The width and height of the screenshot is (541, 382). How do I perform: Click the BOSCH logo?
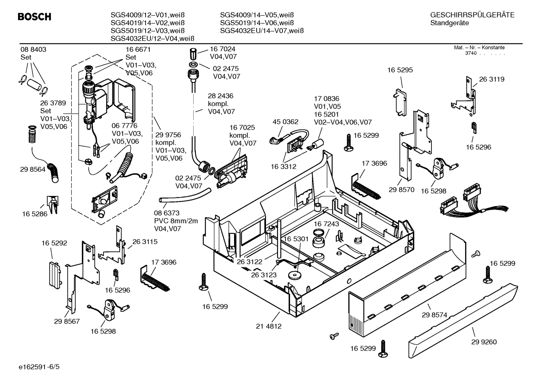click(x=34, y=17)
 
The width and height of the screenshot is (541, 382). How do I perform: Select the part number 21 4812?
click(x=269, y=326)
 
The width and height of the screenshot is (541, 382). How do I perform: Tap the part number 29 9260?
click(x=484, y=342)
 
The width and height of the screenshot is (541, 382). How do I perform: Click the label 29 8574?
click(x=434, y=315)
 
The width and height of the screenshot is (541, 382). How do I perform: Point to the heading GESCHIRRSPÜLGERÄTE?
click(x=472, y=15)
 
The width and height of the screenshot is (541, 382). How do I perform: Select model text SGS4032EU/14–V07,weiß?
click(x=261, y=31)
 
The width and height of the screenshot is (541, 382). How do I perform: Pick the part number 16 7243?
click(x=326, y=224)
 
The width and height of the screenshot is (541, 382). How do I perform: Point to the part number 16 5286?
click(x=35, y=214)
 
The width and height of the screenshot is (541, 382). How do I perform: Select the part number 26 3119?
click(x=491, y=79)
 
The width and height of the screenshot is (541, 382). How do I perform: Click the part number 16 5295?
click(x=400, y=70)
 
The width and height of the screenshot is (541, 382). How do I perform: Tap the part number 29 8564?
click(x=33, y=169)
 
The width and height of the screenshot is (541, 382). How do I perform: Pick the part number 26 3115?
click(x=145, y=242)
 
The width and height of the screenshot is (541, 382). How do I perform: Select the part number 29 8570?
click(x=401, y=190)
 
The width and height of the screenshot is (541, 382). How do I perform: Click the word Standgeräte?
click(x=449, y=23)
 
